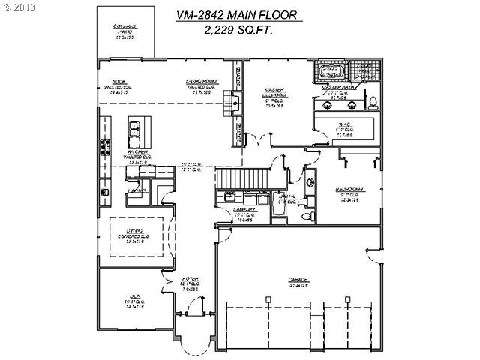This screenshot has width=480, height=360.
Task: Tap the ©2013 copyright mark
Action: pyautogui.click(x=18, y=7)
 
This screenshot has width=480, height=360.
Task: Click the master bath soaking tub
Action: pyautogui.click(x=331, y=73)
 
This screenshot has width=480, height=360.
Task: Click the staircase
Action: pyautogui.click(x=241, y=179)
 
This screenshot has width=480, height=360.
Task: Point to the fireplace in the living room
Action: pyautogui.click(x=236, y=104)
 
